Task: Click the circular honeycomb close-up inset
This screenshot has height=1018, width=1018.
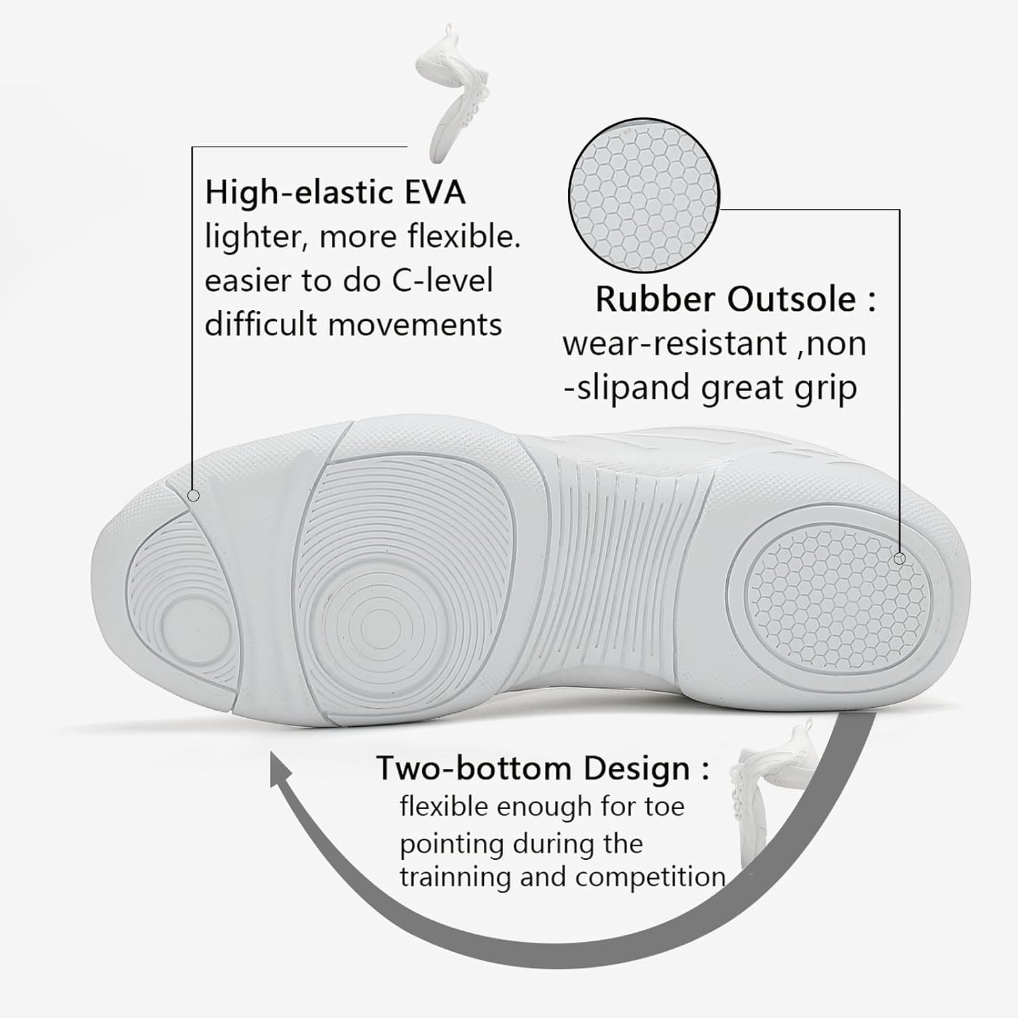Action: (643, 195)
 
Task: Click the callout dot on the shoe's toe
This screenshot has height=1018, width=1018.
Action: (193, 496)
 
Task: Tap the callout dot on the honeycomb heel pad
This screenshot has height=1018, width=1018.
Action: (899, 559)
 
